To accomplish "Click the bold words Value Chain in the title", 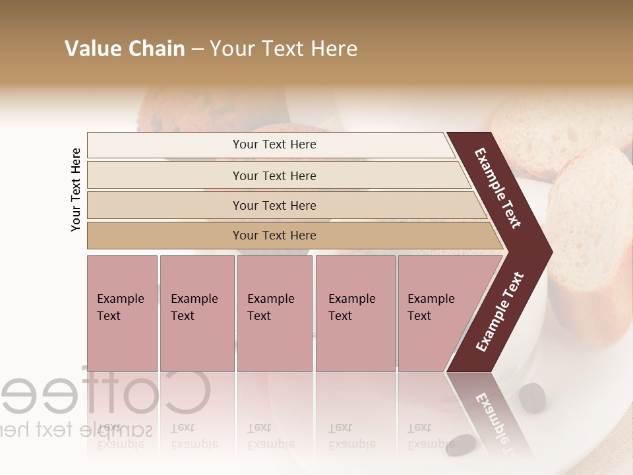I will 125,49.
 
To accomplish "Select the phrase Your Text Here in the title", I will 284,49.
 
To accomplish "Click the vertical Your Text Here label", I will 76,189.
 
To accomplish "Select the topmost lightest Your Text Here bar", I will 274,144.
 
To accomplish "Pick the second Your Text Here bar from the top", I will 274,175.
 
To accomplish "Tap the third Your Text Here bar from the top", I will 274,205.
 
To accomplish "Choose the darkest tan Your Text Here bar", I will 274,236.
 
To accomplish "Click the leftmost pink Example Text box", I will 122,313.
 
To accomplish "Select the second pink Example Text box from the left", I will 196,313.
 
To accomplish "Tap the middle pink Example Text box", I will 274,313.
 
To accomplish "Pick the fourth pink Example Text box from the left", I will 355,313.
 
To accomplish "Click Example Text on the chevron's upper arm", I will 498,188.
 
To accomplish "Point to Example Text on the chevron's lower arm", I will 499,312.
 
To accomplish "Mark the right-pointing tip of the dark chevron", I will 549,251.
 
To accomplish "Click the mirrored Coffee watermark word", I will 105,393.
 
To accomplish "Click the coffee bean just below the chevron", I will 532,397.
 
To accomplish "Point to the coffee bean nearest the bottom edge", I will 460,445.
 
